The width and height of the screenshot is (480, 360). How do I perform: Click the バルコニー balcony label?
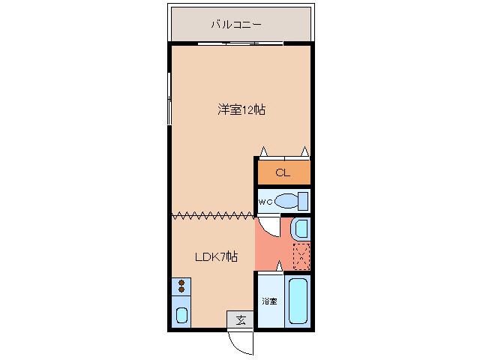[235, 25]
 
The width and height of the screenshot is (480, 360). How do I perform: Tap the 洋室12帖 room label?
[241, 110]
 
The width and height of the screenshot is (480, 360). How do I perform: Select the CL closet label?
[282, 173]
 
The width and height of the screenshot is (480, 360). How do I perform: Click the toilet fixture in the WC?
[291, 201]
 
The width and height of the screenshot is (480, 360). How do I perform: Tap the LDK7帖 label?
[216, 257]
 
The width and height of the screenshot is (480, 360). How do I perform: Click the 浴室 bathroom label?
[269, 301]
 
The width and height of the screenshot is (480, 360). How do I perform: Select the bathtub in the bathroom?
[298, 301]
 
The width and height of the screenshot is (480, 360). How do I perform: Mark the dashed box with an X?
[300, 257]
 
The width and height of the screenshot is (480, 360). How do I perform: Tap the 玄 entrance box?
[240, 320]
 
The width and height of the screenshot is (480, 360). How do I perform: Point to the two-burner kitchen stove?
[181, 285]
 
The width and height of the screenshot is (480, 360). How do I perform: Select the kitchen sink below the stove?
[181, 313]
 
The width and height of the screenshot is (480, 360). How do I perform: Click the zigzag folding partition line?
[213, 216]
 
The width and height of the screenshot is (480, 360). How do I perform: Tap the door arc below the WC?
[268, 224]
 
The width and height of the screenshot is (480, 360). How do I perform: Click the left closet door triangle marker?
[263, 152]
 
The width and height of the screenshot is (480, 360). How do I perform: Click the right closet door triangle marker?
[305, 152]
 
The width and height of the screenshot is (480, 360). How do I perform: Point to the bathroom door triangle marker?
[280, 266]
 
